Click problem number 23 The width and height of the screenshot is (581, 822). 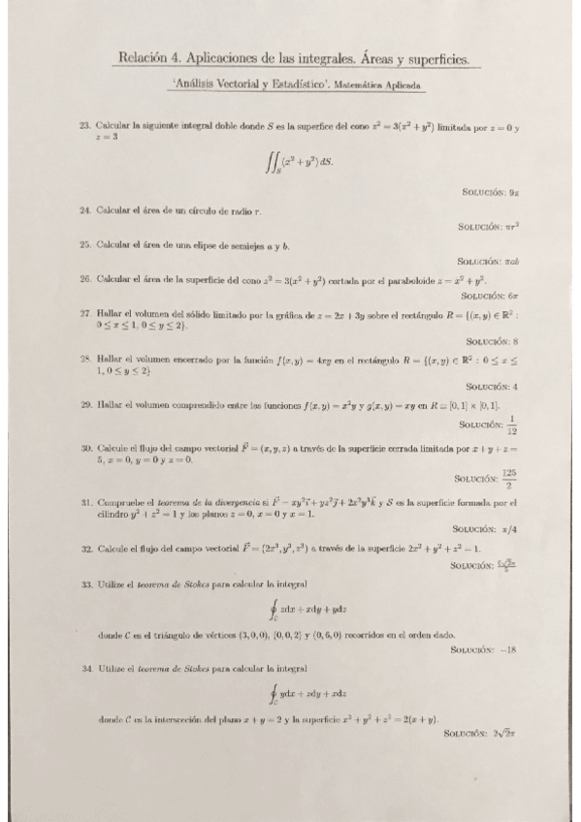click(x=85, y=126)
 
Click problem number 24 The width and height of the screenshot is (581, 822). click(x=85, y=209)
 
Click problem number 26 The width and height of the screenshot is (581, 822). click(x=85, y=279)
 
